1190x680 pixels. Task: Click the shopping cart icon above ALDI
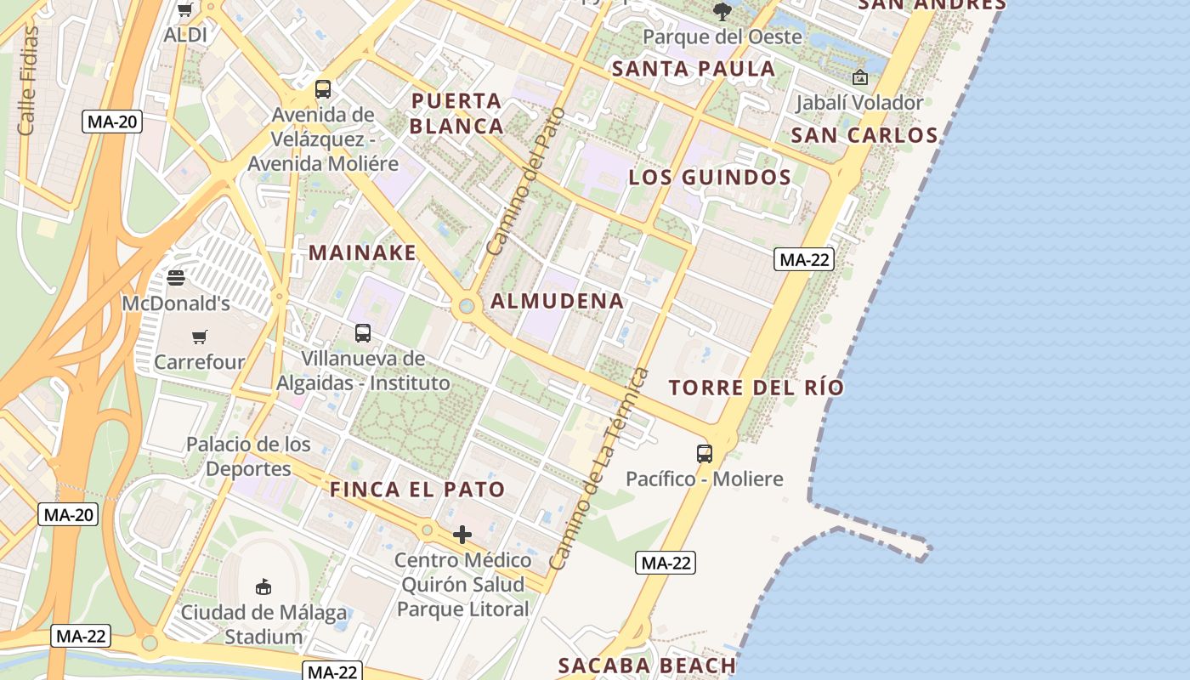pos(184,10)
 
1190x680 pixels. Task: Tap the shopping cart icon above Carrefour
pos(200,337)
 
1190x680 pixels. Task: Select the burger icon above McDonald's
pos(176,277)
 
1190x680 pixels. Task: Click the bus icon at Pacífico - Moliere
pos(705,453)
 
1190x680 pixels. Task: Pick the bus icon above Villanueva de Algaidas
pos(363,333)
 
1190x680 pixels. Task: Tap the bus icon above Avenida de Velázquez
pos(323,88)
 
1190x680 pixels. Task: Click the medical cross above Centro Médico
pos(462,535)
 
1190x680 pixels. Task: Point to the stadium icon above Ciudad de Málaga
pos(263,586)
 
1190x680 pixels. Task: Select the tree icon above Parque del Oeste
pos(722,11)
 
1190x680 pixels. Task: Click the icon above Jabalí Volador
pos(860,77)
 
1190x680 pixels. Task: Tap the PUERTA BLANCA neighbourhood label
pos(457,113)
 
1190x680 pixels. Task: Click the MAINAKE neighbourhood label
pos(363,252)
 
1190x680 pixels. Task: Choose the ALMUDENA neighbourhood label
pos(558,301)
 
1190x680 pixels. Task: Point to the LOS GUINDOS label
pos(710,178)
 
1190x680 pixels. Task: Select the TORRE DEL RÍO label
pos(756,388)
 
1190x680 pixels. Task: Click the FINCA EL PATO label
pos(417,490)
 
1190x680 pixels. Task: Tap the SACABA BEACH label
pos(647,666)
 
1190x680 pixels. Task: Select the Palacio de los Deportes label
pos(248,456)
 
